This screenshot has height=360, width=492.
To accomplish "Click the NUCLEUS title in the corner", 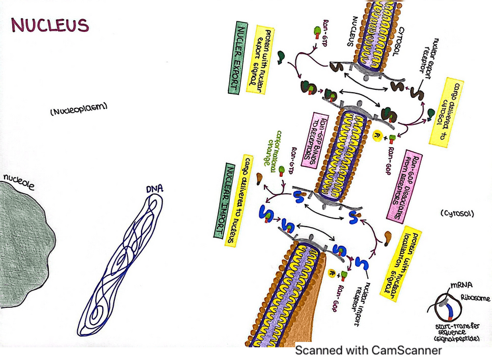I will [x=50, y=26].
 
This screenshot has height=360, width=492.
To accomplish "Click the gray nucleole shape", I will [x=26, y=243].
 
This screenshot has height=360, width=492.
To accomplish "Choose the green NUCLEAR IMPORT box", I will [x=219, y=199].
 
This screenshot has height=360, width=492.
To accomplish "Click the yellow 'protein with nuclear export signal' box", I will [x=256, y=57].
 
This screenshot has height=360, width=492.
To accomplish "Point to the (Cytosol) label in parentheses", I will [x=457, y=213].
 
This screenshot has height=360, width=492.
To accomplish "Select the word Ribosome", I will [x=475, y=299].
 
